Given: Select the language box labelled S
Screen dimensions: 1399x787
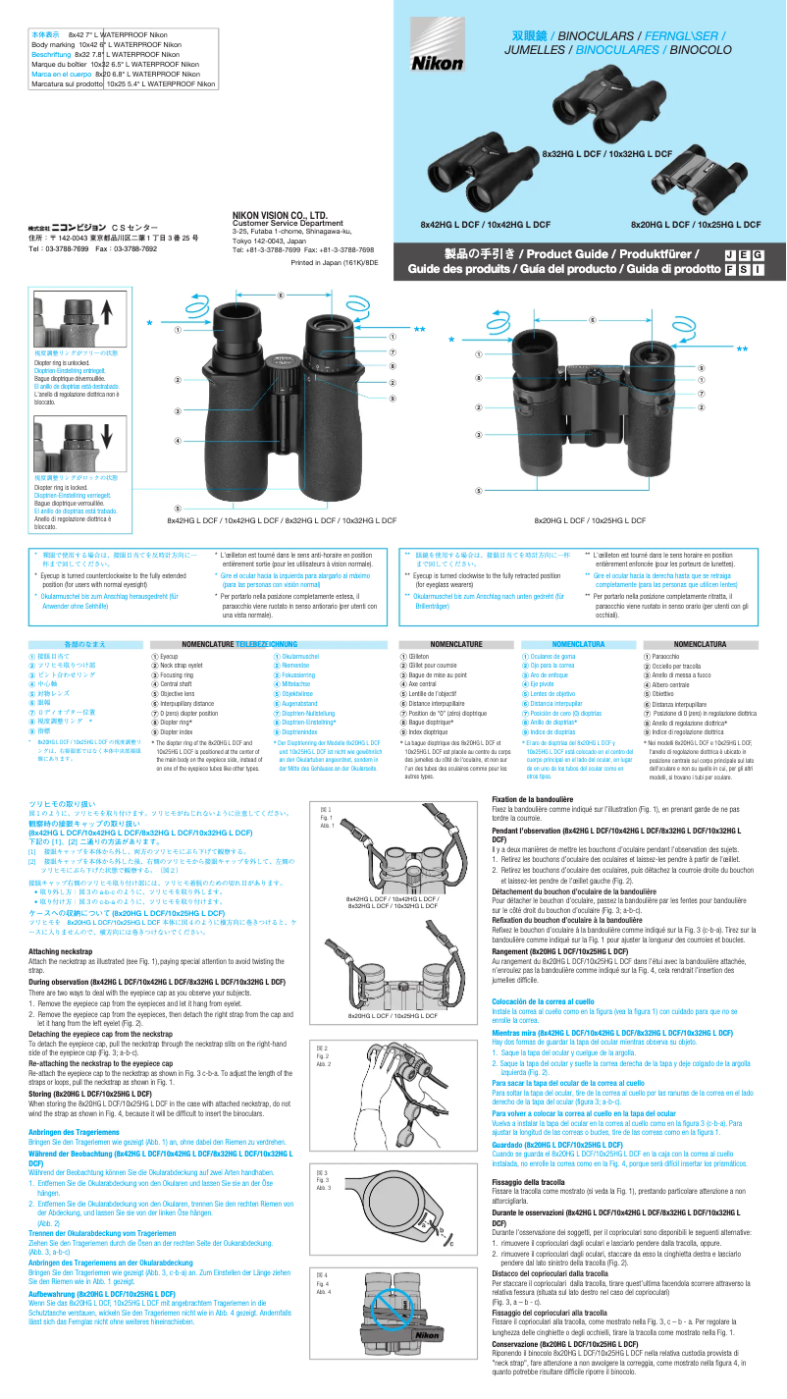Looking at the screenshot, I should pyautogui.click(x=743, y=269).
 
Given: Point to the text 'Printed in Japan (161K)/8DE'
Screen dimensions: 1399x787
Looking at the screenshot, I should pyautogui.click(x=335, y=263).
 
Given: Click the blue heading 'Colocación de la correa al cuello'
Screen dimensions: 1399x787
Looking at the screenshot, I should pyautogui.click(x=543, y=999).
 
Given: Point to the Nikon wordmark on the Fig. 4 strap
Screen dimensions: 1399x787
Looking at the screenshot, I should pyautogui.click(x=428, y=1335).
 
